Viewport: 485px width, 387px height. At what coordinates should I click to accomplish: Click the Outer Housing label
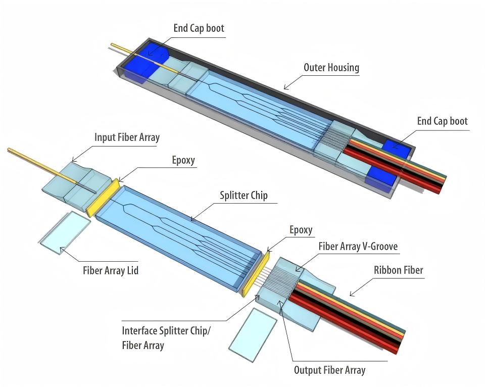[331, 67]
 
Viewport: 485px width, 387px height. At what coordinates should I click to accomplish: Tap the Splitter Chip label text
[244, 196]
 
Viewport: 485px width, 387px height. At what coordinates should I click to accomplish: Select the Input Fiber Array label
[127, 137]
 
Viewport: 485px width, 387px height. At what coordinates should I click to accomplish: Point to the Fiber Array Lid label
[111, 271]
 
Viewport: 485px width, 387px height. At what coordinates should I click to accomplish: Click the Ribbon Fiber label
[399, 270]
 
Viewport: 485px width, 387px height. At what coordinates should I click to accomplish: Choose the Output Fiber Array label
[330, 370]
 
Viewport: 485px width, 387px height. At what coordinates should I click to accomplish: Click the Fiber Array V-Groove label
[358, 247]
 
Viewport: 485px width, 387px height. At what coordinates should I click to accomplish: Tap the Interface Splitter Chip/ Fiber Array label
[166, 338]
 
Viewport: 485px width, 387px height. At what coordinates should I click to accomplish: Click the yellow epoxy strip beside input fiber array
[103, 198]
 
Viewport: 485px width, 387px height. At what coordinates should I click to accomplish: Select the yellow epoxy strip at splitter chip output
[256, 274]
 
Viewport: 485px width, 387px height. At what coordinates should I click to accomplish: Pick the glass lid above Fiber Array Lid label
[65, 232]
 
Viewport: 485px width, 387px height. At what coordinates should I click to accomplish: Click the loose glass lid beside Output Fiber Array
[253, 334]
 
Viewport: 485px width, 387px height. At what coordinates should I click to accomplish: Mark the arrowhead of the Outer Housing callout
[285, 88]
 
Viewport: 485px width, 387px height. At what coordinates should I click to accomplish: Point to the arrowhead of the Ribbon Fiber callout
[351, 295]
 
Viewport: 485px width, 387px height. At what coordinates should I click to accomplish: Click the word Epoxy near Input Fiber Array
[183, 161]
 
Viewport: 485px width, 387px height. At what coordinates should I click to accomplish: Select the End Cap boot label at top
[199, 28]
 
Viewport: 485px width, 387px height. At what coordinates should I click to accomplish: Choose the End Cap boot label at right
[443, 121]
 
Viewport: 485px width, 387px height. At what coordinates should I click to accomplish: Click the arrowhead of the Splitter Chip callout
[192, 220]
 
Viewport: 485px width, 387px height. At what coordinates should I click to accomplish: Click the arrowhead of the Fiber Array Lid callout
[61, 249]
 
